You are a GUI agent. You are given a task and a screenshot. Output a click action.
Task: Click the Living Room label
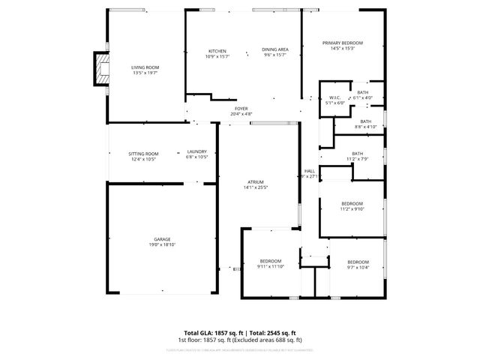(145, 67)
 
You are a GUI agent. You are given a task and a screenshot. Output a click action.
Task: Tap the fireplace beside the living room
(100, 68)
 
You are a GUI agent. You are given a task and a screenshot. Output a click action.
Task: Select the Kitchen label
(217, 50)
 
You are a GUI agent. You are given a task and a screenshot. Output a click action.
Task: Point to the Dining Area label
(275, 50)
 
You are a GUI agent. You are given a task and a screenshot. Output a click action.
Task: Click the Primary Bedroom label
(343, 43)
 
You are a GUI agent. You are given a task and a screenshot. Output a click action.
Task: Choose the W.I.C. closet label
(335, 97)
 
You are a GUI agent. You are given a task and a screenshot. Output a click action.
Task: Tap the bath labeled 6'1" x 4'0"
(363, 92)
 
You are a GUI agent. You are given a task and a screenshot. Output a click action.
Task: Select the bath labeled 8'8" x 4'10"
(365, 121)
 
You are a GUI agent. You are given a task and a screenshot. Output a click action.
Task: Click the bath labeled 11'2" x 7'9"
(357, 154)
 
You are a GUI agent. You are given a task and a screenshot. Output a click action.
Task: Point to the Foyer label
(241, 109)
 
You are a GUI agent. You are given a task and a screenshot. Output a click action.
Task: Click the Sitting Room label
(144, 153)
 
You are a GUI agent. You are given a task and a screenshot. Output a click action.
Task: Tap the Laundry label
(196, 152)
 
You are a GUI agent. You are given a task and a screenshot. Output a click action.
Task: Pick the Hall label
(309, 171)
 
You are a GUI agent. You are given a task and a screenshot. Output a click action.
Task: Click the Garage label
(162, 239)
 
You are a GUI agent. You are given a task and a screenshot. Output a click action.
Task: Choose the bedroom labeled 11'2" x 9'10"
(352, 204)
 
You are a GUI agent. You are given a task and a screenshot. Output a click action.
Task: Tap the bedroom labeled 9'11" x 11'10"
(271, 261)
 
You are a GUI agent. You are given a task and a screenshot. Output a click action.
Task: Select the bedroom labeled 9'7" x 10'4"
(358, 262)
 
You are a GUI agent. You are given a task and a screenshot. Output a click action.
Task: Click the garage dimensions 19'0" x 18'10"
(162, 245)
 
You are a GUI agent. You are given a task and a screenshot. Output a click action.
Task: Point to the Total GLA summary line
(240, 332)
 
